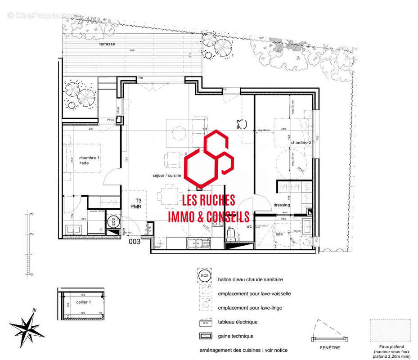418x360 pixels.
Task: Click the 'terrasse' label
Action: click(x=108, y=45)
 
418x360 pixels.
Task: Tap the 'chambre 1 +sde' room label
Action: click(x=90, y=161)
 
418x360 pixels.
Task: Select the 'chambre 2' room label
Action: click(x=301, y=143)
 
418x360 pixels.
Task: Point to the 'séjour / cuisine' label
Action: click(x=167, y=176)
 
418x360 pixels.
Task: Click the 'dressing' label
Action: click(x=282, y=205)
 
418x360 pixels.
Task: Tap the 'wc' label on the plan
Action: click(x=249, y=226)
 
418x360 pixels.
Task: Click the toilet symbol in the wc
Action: click(x=230, y=234)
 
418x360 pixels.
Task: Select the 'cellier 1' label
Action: click(x=83, y=302)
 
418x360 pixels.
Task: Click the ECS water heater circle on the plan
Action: click(x=113, y=221)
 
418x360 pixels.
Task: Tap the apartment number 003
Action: click(x=135, y=242)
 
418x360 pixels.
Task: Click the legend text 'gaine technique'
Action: click(x=235, y=336)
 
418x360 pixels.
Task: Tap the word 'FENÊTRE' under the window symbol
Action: click(x=330, y=347)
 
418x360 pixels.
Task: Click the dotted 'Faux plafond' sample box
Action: click(x=390, y=332)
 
